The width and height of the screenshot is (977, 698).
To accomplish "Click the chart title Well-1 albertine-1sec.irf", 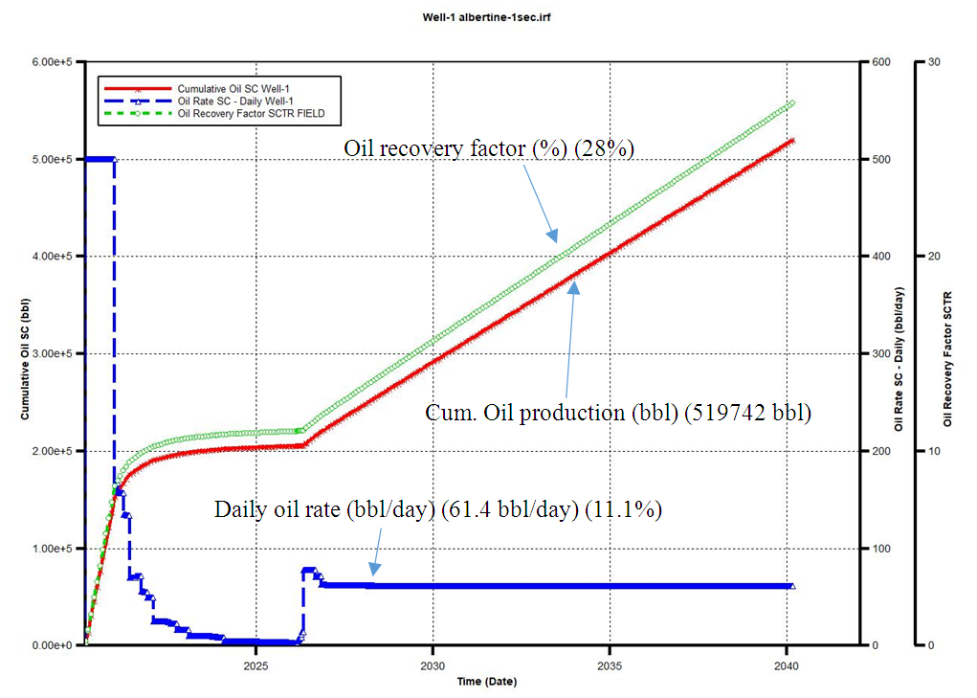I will click(x=488, y=17).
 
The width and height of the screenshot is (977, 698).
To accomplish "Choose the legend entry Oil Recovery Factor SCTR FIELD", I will click(x=252, y=113).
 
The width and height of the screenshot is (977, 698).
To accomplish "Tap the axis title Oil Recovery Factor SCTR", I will click(x=947, y=358).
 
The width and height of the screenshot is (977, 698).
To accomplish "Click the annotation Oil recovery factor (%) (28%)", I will click(x=489, y=148).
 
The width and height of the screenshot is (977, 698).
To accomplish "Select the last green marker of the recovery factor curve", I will click(x=791, y=103).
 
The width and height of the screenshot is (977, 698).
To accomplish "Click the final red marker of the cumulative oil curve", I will click(x=791, y=141).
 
